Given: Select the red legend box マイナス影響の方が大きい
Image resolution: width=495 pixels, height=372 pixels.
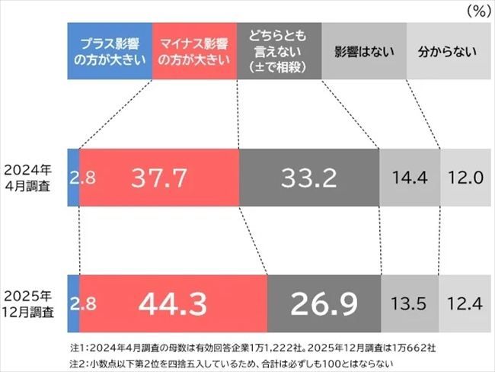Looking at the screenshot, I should click(194, 53).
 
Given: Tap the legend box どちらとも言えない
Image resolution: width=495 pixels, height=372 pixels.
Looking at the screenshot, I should click(278, 53).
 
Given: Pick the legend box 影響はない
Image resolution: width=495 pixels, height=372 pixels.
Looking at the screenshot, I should click(362, 53).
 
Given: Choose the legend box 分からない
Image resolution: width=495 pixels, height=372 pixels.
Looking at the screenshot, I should click(447, 53).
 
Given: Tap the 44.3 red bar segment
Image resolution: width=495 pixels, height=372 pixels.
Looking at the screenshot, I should click(173, 303).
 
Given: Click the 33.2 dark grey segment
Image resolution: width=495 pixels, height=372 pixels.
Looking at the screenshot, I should click(308, 178).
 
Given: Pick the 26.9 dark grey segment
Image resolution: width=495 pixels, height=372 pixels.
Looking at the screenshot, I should click(323, 303).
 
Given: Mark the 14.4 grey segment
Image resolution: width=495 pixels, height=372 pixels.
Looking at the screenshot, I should click(409, 178).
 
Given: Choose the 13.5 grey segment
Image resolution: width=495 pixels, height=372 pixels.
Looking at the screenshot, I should click(410, 303).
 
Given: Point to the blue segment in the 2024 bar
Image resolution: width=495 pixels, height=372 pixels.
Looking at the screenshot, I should click(73, 178).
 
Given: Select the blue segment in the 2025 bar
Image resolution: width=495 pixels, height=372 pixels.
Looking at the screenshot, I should click(73, 303).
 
